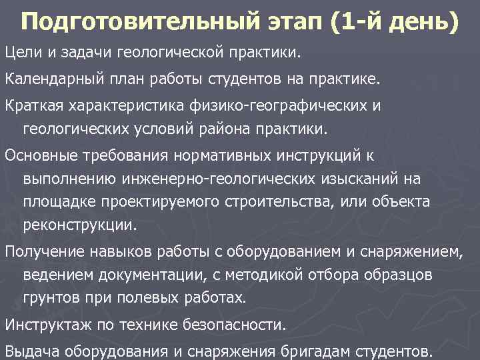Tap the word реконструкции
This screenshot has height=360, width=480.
click(x=79, y=224)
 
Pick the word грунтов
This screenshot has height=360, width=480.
click(x=47, y=297)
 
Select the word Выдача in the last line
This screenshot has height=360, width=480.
click(x=29, y=350)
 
